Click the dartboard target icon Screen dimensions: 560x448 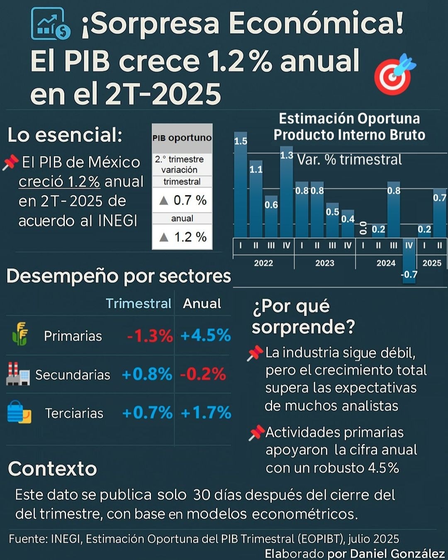[393, 75]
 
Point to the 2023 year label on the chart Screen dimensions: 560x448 [324, 263]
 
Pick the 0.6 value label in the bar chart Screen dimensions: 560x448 [271, 205]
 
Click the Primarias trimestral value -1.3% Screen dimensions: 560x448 [150, 336]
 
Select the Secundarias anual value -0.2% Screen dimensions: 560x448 [203, 374]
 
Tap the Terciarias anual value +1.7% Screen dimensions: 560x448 [206, 413]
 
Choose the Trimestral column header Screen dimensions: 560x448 [138, 304]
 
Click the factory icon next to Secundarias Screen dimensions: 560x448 [18, 374]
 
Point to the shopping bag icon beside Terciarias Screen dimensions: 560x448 [19, 412]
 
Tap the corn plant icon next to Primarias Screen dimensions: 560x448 [20, 334]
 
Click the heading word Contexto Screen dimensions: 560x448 [52, 469]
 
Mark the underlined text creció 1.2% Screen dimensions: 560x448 [59, 182]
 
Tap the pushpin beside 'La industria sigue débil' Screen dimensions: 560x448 [255, 353]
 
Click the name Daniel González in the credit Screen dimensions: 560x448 [397, 554]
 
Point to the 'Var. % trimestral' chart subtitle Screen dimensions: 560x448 [349, 160]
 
